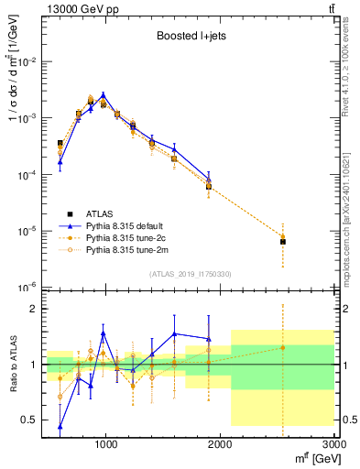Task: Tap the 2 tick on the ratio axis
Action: pos(34,309)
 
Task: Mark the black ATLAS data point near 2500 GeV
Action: pos(282,242)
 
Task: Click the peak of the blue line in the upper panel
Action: pos(103,94)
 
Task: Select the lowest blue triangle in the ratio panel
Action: pos(60,426)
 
